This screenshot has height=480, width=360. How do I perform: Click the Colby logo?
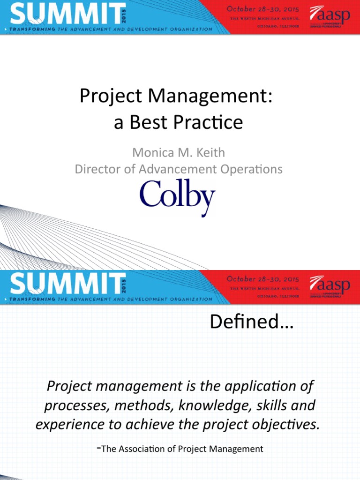click(x=177, y=197)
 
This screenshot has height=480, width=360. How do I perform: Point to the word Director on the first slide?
click(x=93, y=169)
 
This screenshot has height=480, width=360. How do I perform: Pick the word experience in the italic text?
click(x=62, y=424)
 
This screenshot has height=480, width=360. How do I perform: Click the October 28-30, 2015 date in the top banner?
click(x=263, y=9)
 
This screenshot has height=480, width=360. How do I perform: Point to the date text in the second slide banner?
click(x=263, y=278)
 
